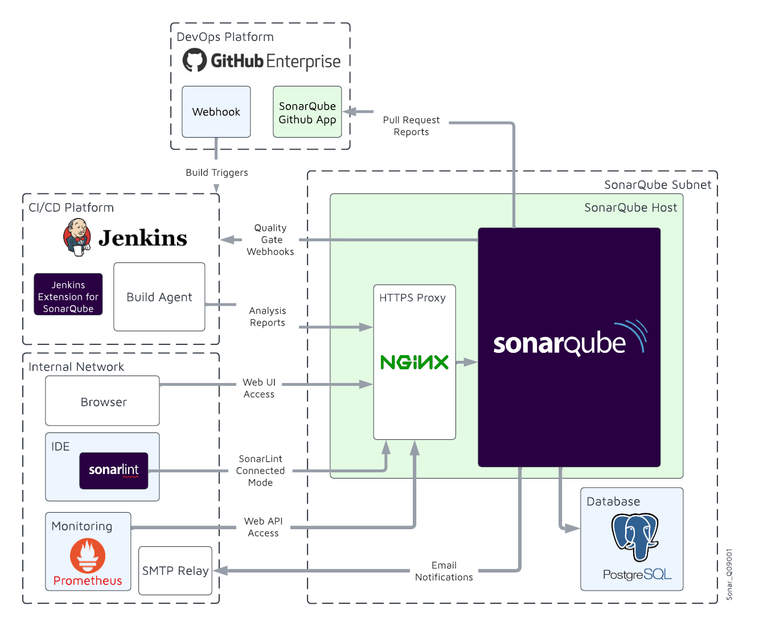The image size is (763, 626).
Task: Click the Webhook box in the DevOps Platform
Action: [x=216, y=112]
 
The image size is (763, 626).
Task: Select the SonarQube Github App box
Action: [x=307, y=112]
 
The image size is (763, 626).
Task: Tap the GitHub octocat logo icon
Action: [x=195, y=60]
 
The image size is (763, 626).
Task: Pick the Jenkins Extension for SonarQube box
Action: [x=68, y=295]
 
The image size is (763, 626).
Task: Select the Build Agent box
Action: [x=159, y=296]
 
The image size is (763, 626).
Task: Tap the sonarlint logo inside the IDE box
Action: [x=114, y=470]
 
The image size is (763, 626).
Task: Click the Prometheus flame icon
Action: [x=88, y=555]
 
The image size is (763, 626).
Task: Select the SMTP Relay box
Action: [x=175, y=571]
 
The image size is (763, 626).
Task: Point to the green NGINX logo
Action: [x=414, y=362]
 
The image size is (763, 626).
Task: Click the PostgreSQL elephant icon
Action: [x=635, y=536]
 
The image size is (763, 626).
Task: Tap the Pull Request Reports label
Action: [x=411, y=126]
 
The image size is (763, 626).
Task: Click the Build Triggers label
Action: [x=216, y=172]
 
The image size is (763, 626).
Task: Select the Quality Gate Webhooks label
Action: [x=270, y=240]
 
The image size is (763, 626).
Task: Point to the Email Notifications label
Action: [x=444, y=571]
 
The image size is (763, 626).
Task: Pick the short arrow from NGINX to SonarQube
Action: [x=466, y=362]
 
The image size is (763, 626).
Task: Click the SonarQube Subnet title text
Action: [x=657, y=184]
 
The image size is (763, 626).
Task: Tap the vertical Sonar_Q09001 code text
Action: [x=729, y=574]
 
